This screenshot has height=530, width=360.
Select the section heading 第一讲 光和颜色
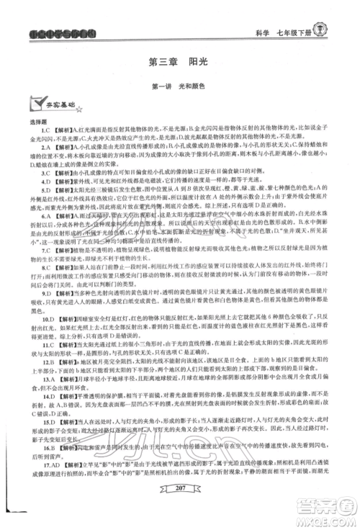tap(179, 87)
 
